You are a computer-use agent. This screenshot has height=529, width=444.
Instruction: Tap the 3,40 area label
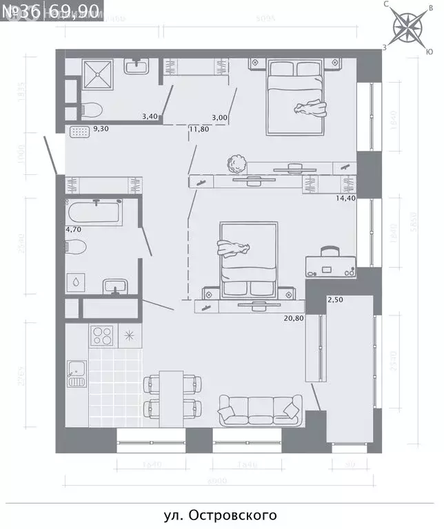point(150,117)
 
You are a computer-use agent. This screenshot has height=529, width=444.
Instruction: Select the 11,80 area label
point(199,128)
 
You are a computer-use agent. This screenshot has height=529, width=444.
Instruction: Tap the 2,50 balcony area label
point(335,300)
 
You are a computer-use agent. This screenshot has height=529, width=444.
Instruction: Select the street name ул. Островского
point(220,515)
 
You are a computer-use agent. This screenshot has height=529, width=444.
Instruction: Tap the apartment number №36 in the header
point(22,11)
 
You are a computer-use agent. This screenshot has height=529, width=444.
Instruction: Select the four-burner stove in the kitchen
point(103,336)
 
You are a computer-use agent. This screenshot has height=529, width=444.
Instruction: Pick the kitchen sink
point(75,373)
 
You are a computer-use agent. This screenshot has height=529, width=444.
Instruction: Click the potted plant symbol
point(236,164)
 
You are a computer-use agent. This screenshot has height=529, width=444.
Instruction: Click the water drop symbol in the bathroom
point(74,282)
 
